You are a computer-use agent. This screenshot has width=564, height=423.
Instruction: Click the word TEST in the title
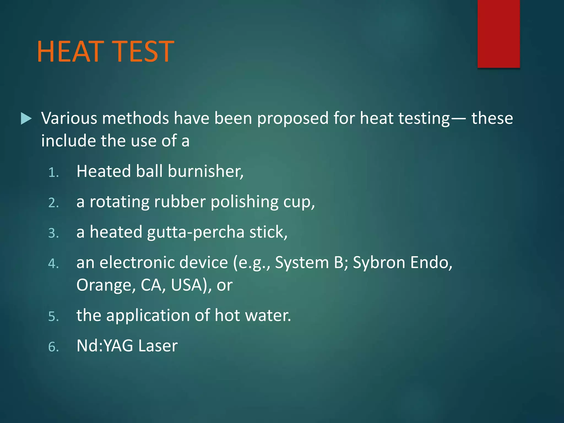click(143, 51)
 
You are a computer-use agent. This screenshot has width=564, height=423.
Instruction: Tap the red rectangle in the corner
click(498, 34)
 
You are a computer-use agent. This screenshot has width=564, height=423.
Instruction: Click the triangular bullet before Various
click(26, 119)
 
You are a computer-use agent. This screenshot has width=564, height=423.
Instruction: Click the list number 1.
click(53, 173)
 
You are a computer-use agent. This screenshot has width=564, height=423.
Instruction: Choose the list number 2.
click(53, 203)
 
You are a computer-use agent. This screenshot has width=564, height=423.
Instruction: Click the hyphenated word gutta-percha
click(196, 232)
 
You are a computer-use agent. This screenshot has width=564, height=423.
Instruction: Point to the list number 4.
click(53, 264)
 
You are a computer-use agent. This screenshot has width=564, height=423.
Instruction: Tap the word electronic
click(164, 262)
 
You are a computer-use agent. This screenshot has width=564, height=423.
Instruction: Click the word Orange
click(106, 285)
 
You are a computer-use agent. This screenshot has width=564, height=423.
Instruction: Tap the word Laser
click(158, 346)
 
